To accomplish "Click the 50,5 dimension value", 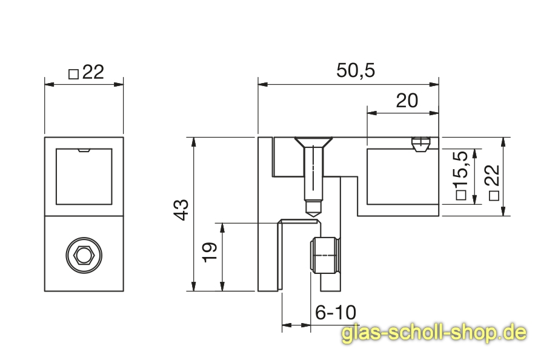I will tap(356, 71).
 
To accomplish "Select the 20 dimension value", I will tap(407, 101).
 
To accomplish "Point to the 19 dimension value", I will tap(210, 252).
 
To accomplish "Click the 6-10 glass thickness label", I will tap(336, 313).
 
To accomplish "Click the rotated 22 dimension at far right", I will tap(493, 178).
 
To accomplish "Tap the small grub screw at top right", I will tap(420, 145).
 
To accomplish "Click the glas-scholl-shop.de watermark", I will tap(434, 333).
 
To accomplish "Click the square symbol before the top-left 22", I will tap(74, 74).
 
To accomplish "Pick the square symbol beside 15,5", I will tap(461, 195).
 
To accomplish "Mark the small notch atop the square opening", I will tap(84, 150).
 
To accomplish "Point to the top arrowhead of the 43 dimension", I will tap(193, 142).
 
